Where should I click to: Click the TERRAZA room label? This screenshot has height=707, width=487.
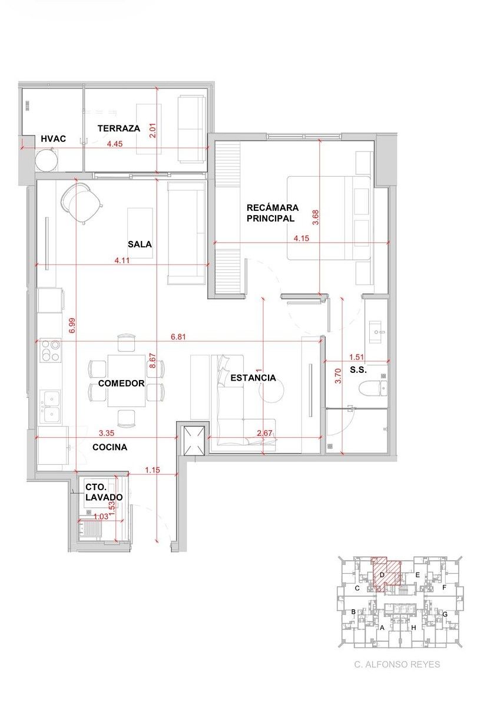tap(118, 128)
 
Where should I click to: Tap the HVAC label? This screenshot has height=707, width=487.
tap(54, 138)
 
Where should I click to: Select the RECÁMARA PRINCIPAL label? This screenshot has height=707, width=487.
tap(272, 213)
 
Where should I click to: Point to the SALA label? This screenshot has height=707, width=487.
tap(140, 245)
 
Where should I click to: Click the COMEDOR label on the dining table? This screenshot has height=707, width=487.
tap(121, 383)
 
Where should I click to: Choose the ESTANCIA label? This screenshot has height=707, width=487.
tap(253, 378)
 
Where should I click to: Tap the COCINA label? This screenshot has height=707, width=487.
tap(110, 447)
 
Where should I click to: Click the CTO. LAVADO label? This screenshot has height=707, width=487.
tap(104, 492)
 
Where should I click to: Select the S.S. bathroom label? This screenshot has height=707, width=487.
tap(358, 370)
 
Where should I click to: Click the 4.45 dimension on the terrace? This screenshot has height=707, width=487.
tap(115, 144)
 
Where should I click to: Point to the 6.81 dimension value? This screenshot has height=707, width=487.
tap(178, 337)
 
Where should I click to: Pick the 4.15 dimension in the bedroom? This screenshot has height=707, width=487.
tap(302, 238)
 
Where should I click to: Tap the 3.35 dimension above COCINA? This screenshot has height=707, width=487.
tap(107, 433)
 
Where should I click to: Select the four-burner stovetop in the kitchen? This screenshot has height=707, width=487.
tap(51, 351)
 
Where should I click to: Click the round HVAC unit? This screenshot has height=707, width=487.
tap(47, 160)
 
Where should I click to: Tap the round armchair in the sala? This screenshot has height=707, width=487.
tap(81, 203)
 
